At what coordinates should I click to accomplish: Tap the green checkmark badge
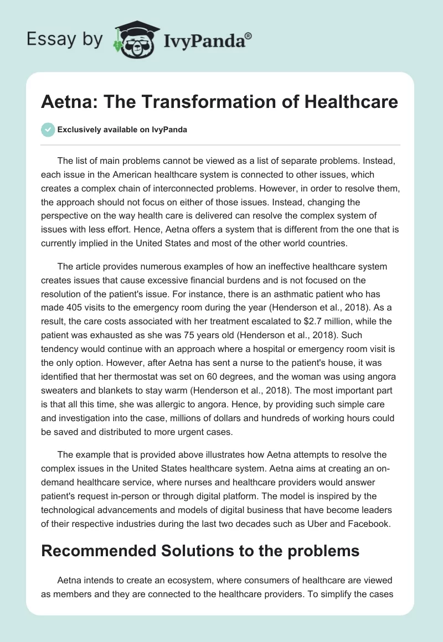(48, 130)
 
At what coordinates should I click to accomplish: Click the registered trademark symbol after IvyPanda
(249, 35)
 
